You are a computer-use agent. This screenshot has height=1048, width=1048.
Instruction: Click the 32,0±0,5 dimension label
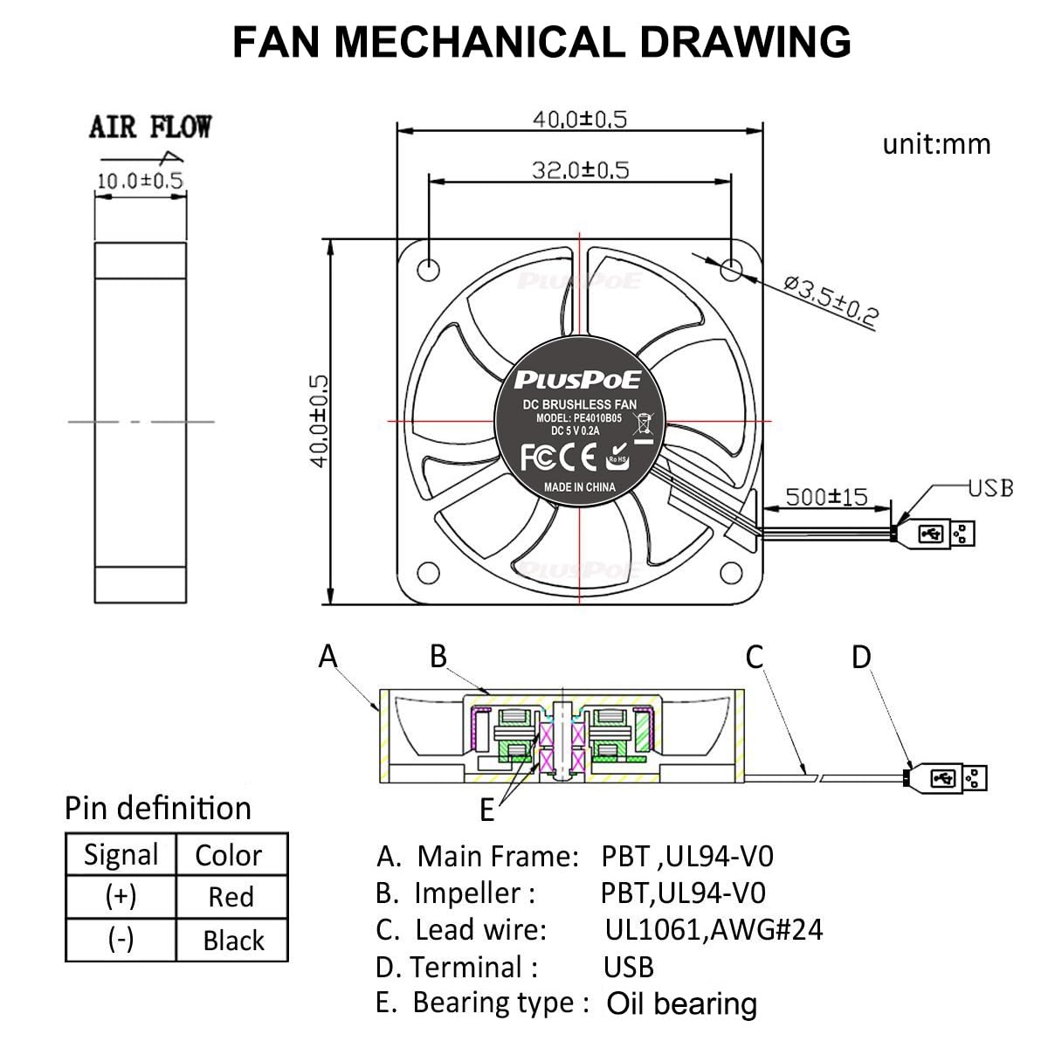click(580, 169)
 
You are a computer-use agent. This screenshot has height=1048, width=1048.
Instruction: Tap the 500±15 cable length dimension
click(826, 497)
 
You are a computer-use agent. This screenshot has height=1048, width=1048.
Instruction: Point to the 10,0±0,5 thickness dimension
click(140, 181)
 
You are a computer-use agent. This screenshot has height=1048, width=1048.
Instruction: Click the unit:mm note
click(936, 143)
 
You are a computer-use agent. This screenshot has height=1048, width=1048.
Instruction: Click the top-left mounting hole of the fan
click(428, 268)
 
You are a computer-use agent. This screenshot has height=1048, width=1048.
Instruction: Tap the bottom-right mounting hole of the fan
click(732, 572)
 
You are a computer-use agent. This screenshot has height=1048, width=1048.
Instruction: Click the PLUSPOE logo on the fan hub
click(577, 379)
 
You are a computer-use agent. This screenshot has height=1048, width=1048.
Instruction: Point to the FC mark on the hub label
click(534, 457)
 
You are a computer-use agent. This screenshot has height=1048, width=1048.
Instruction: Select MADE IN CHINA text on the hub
click(579, 487)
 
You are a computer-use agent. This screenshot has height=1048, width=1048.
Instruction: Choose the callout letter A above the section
click(328, 655)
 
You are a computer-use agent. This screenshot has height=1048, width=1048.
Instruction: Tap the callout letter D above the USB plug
click(861, 657)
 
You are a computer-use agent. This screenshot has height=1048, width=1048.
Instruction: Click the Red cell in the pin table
click(231, 897)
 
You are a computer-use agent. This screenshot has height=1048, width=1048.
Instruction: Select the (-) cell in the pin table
click(121, 940)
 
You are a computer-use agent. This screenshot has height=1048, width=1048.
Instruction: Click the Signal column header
click(121, 854)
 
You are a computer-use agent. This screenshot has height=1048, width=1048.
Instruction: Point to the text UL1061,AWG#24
click(714, 929)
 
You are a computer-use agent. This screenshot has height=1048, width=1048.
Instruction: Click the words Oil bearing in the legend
click(681, 1004)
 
